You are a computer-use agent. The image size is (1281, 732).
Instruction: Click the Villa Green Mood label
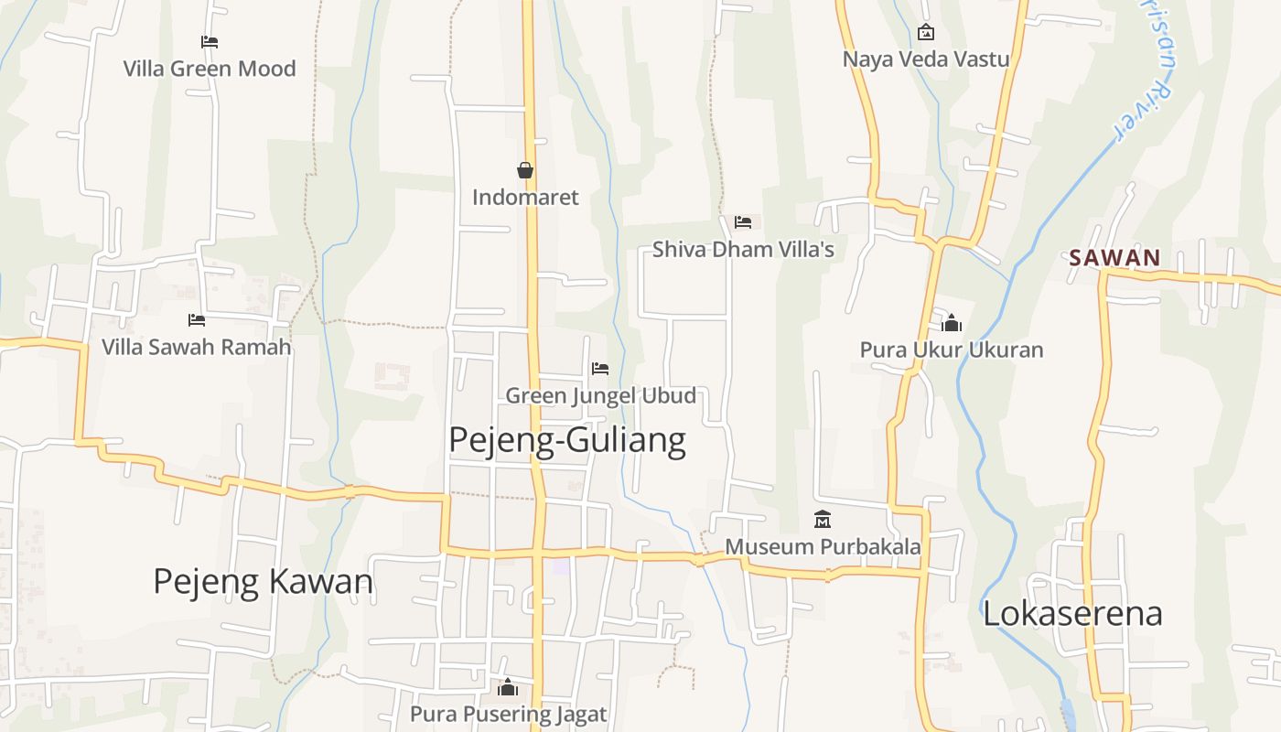(x=210, y=69)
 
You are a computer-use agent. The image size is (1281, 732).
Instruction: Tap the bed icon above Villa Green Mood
(x=210, y=41)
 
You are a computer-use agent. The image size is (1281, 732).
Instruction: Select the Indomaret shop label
(x=525, y=197)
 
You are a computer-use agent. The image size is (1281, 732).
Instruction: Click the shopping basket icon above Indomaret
(x=525, y=170)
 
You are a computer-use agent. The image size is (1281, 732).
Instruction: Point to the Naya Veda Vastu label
(x=926, y=59)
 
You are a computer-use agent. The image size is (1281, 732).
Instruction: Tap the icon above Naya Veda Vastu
(x=926, y=33)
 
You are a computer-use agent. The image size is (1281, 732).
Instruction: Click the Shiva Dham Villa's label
(x=743, y=249)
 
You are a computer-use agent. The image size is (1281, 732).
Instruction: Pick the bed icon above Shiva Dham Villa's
(x=743, y=222)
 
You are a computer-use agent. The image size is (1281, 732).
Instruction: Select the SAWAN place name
(x=1114, y=258)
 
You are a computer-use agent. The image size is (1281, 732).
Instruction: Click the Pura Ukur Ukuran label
(x=952, y=350)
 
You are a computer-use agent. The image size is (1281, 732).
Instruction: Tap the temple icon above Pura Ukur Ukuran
(x=952, y=323)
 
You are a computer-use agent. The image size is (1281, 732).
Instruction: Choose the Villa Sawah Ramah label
(x=196, y=347)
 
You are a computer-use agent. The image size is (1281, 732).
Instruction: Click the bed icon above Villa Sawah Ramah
(x=196, y=320)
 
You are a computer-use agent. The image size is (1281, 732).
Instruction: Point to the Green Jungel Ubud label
(x=600, y=395)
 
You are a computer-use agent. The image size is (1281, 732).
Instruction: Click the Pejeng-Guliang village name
(x=567, y=440)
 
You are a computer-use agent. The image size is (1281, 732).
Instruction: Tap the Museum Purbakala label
(x=823, y=546)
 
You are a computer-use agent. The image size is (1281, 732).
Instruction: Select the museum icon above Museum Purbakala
(x=823, y=520)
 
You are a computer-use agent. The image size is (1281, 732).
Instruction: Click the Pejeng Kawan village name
(x=263, y=582)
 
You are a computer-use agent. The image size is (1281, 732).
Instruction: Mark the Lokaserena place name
(x=1072, y=613)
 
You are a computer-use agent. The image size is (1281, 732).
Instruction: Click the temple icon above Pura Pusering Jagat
(x=508, y=687)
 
